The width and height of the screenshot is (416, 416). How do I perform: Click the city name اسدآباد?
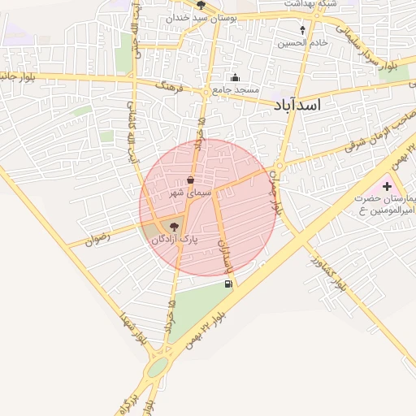coord(297,106)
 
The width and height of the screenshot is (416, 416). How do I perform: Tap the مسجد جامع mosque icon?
coord(236,78)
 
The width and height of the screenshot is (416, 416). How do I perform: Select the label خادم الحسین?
coord(303,42)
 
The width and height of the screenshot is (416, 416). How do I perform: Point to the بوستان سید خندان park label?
coord(201,16)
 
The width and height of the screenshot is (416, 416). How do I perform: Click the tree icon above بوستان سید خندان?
coord(201,5)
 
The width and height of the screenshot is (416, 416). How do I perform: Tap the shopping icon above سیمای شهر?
coord(190,180)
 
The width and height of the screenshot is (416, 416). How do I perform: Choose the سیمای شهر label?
coord(190,193)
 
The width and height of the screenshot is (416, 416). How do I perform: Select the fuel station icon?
coord(228,284)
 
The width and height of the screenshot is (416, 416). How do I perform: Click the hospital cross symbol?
coord(387,186)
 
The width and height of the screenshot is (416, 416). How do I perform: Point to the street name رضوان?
coord(97,240)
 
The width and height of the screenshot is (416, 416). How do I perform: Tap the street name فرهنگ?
coord(171,85)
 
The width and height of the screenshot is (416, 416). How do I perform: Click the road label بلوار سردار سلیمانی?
coord(370,53)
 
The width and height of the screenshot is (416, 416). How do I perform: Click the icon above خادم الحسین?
coord(303,30)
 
